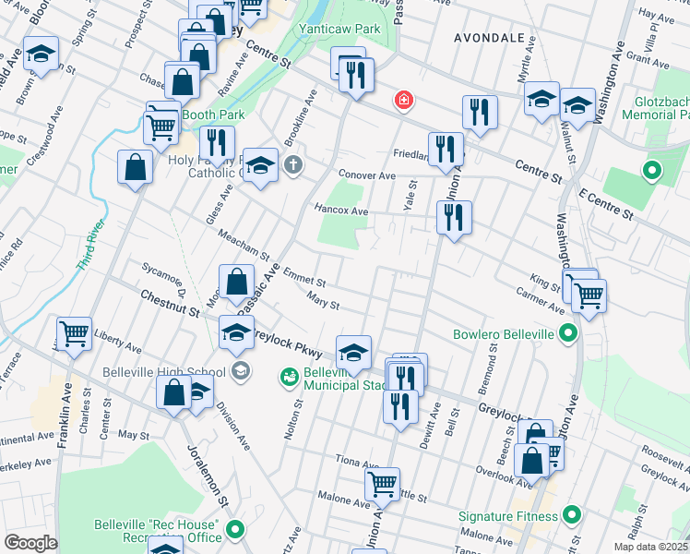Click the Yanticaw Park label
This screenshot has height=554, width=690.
tap(339, 30)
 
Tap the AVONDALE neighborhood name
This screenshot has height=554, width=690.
tap(489, 38)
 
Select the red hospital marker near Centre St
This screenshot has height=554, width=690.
tap(403, 101)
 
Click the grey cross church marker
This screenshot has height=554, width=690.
tap(293, 166)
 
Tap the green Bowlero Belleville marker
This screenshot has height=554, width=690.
tap(569, 333)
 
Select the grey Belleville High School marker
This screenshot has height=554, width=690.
tap(241, 371)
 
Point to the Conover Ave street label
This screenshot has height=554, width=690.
tap(366, 175)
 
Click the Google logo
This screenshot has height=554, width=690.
tap(30, 542)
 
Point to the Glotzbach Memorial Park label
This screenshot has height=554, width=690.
tap(653, 108)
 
